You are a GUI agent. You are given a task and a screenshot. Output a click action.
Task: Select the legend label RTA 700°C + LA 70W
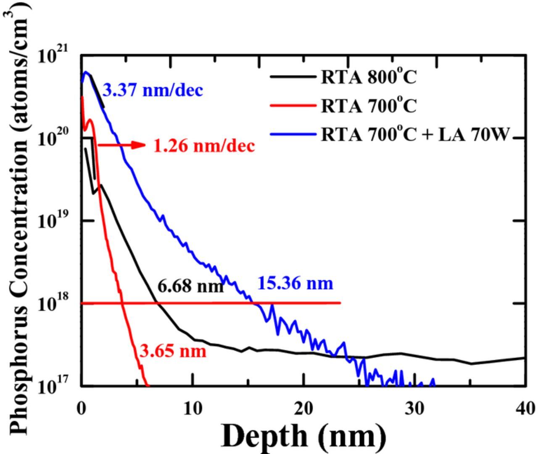tap(415, 134)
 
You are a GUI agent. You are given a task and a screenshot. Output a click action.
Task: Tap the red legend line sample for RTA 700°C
tap(293, 106)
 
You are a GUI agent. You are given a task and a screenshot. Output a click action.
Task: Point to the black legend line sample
tap(293, 77)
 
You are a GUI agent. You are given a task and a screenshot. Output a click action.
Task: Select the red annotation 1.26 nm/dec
tap(204, 146)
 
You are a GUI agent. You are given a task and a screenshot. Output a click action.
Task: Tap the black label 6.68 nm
tap(190, 287)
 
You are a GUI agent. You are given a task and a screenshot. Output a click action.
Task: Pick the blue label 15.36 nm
tap(295, 283)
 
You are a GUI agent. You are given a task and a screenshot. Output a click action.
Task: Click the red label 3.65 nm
tap(173, 351)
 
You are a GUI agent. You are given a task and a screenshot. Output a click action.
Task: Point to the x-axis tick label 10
tap(193, 409)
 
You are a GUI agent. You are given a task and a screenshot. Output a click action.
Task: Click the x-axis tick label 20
tap(304, 409)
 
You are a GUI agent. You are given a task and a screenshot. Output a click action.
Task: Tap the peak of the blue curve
tap(86, 72)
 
